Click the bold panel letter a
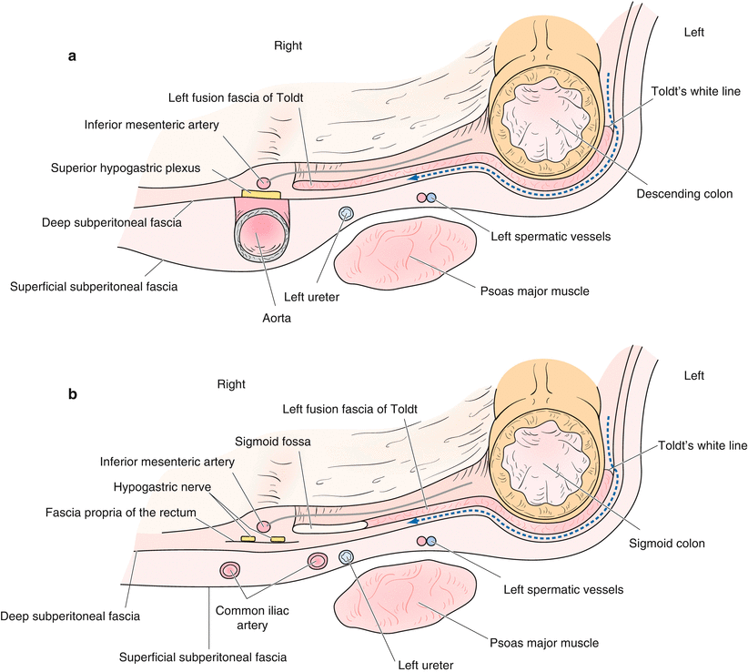pos(72,56)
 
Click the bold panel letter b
pos(72,396)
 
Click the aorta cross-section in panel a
pos(259,235)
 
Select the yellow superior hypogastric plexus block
pos(261,193)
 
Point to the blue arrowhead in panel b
pos(414,522)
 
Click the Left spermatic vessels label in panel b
pos(563,589)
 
